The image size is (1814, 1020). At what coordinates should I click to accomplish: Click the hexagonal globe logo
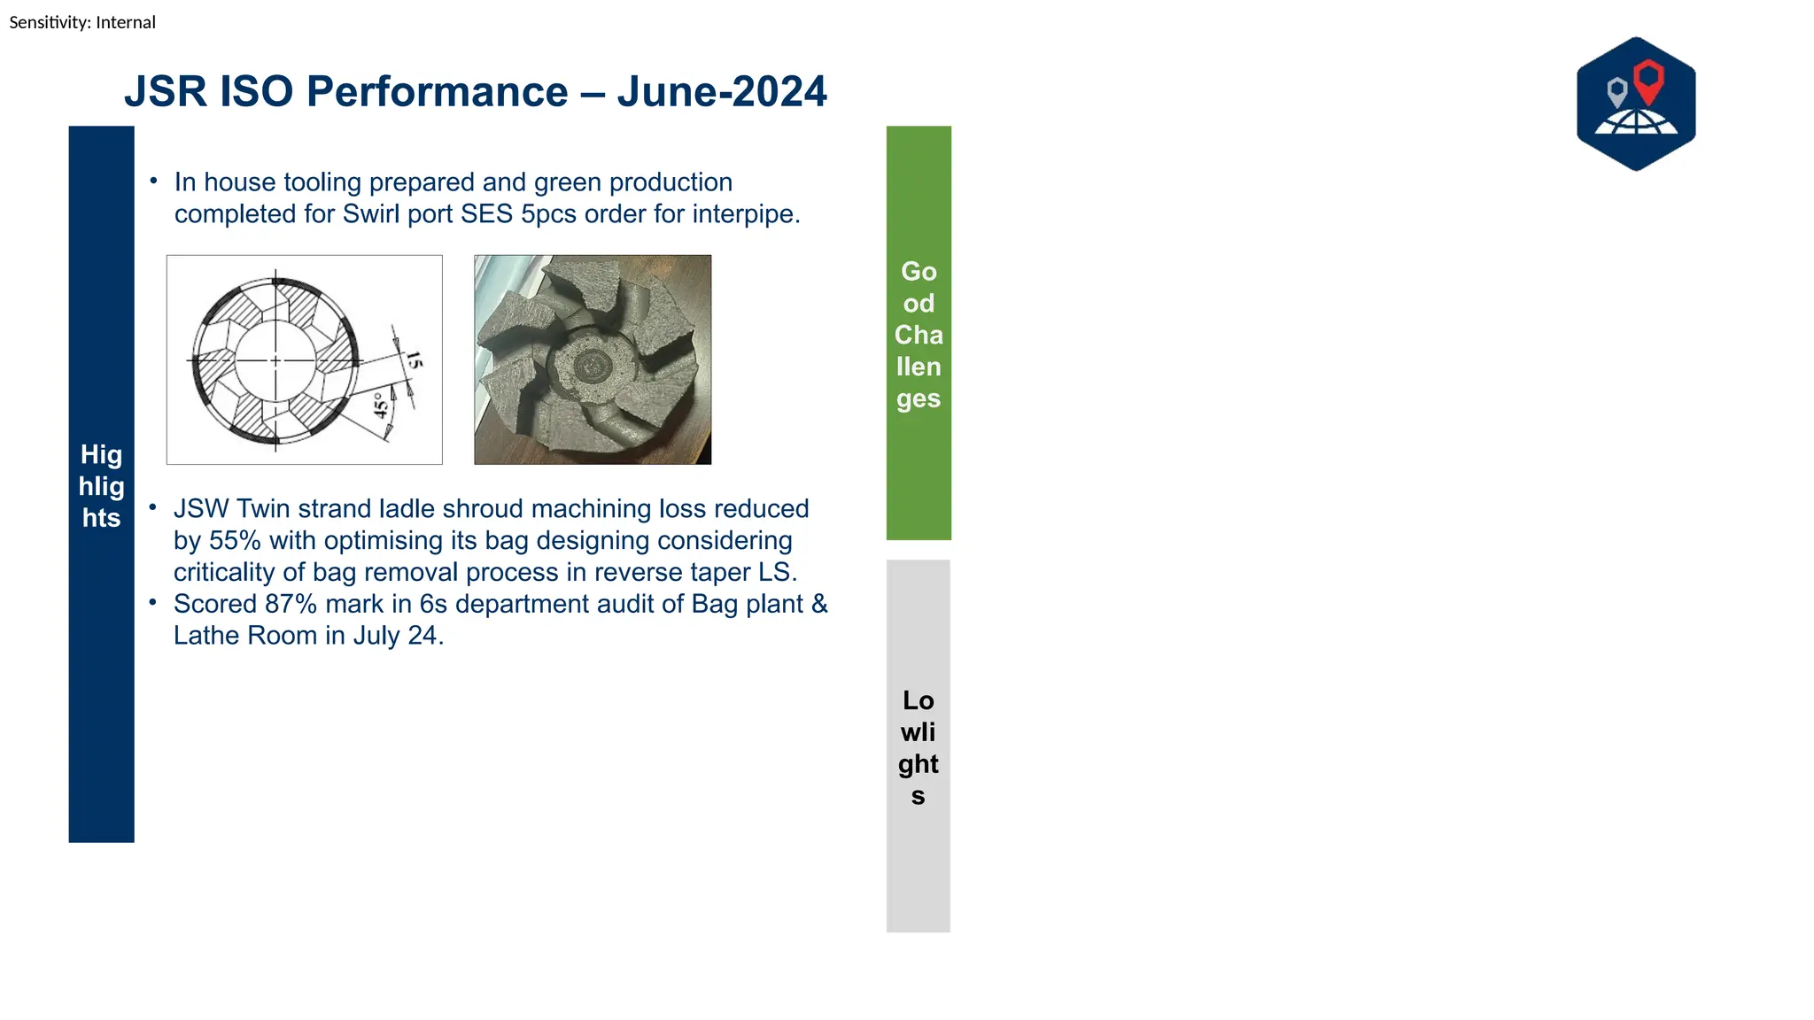(1635, 104)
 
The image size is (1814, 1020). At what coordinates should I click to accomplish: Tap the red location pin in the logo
(1647, 81)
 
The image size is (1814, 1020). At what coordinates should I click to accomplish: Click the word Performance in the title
(437, 92)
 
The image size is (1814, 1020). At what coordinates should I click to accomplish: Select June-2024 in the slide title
(722, 92)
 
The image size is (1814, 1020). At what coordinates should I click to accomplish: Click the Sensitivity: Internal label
(82, 22)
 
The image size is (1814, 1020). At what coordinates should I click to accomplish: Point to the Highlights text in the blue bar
(101, 486)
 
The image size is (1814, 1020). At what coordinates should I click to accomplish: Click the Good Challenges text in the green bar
(919, 335)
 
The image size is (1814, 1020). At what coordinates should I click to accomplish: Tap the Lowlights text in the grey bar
(918, 747)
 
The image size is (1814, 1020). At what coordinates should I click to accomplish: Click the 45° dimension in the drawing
(381, 406)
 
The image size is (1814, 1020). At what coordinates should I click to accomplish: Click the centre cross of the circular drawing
(275, 360)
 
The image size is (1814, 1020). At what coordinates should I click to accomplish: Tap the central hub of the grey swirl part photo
(590, 364)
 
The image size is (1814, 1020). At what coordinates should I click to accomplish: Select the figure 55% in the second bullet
(235, 541)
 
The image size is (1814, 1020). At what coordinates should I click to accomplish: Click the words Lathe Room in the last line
(244, 636)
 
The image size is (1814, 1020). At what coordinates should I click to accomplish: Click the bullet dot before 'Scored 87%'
(153, 602)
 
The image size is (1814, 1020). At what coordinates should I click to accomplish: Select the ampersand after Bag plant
(819, 604)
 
